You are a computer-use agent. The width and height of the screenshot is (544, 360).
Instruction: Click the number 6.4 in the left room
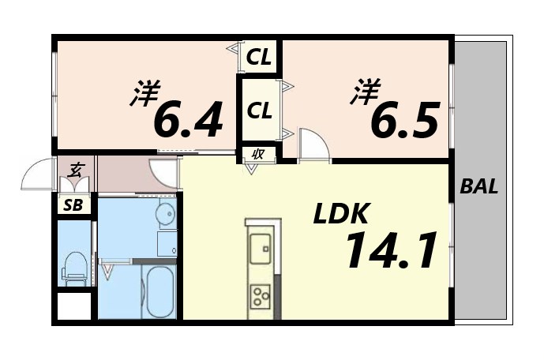point(187,118)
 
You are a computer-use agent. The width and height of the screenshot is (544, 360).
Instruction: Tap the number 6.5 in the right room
point(405,118)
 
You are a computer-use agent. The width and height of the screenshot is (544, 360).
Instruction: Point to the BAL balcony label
point(479,188)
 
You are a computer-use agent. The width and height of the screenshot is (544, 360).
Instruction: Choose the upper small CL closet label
point(260,57)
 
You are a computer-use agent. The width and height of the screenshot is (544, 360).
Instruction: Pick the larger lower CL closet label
point(260,111)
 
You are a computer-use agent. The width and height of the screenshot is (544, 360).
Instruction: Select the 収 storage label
point(257,154)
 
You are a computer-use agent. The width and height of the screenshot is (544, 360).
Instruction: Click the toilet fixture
point(76,267)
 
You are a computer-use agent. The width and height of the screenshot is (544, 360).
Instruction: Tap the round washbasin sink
point(166,214)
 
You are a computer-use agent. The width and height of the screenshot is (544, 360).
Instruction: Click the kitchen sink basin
point(260,250)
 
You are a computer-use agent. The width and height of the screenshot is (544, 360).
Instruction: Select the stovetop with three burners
point(260,295)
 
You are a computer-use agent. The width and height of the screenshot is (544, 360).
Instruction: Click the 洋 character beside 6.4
point(144,96)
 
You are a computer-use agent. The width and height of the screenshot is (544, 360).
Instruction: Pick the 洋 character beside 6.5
point(364,93)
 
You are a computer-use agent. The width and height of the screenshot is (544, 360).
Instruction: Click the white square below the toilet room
point(75,306)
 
